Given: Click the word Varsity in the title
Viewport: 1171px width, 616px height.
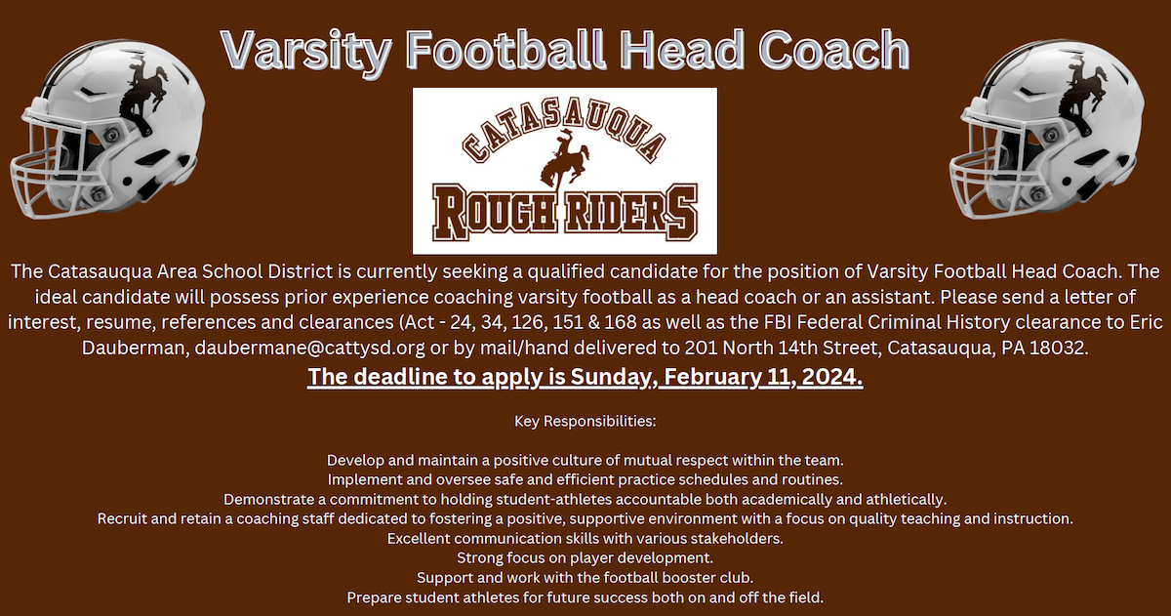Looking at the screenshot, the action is (306, 51).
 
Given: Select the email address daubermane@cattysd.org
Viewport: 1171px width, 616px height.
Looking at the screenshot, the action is (310, 348).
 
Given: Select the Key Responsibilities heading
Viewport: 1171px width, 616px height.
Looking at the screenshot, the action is (585, 421).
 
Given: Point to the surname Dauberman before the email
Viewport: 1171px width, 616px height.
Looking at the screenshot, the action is (136, 348).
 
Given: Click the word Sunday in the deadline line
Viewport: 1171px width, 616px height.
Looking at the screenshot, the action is (614, 377).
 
